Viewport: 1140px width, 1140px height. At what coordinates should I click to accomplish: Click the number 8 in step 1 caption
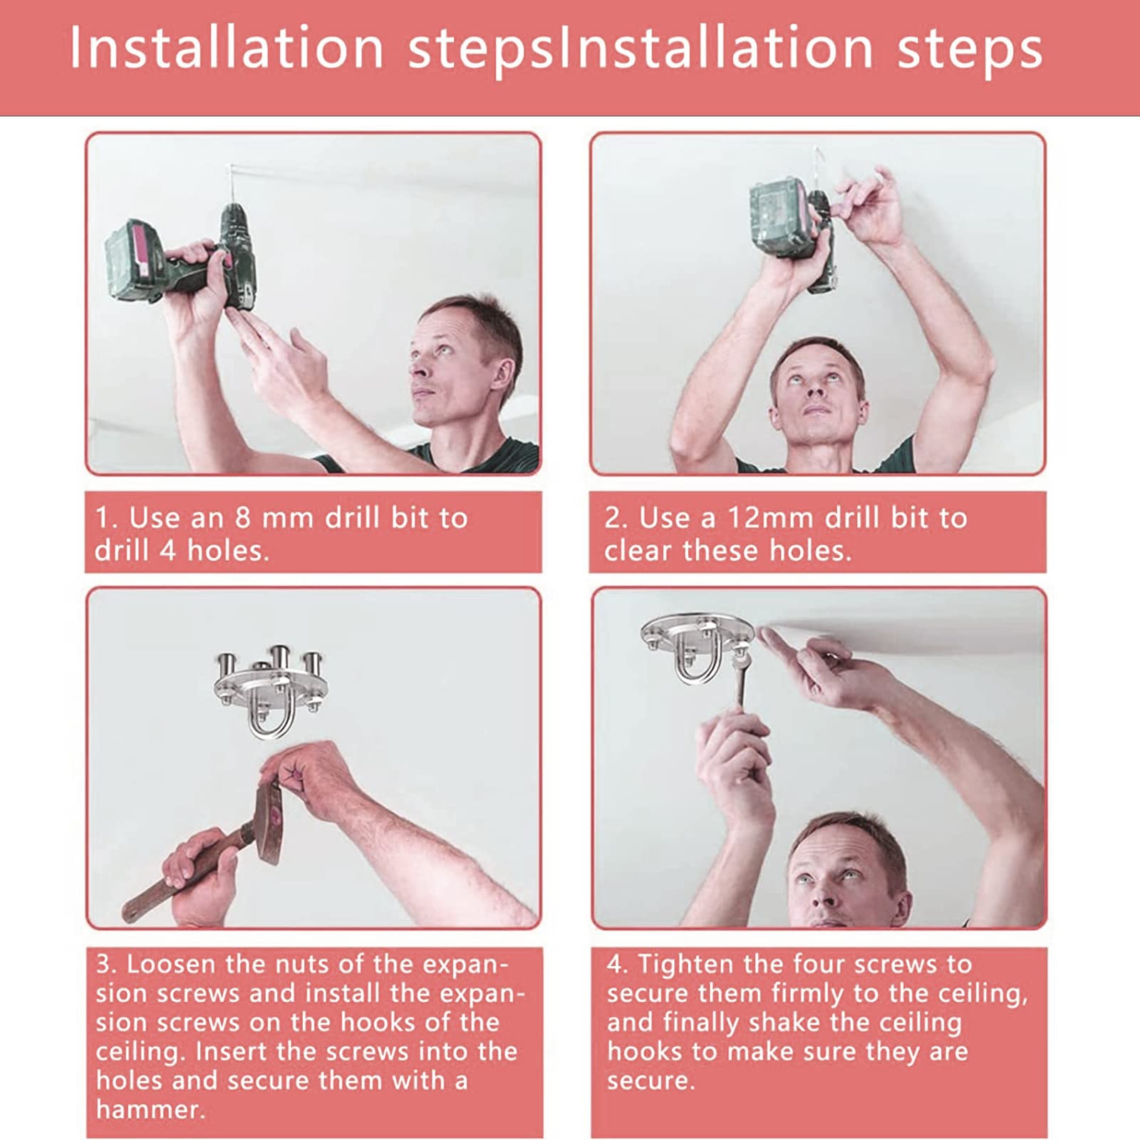[x=242, y=517]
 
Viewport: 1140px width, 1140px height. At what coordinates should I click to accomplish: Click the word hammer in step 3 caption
[x=150, y=1109]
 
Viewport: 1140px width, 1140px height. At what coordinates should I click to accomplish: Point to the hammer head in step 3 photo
[x=269, y=822]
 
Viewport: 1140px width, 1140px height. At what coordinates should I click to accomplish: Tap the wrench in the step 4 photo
[x=741, y=677]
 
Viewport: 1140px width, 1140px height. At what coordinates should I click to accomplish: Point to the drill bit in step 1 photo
[x=230, y=185]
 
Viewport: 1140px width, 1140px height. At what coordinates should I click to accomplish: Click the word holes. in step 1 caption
[x=228, y=550]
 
